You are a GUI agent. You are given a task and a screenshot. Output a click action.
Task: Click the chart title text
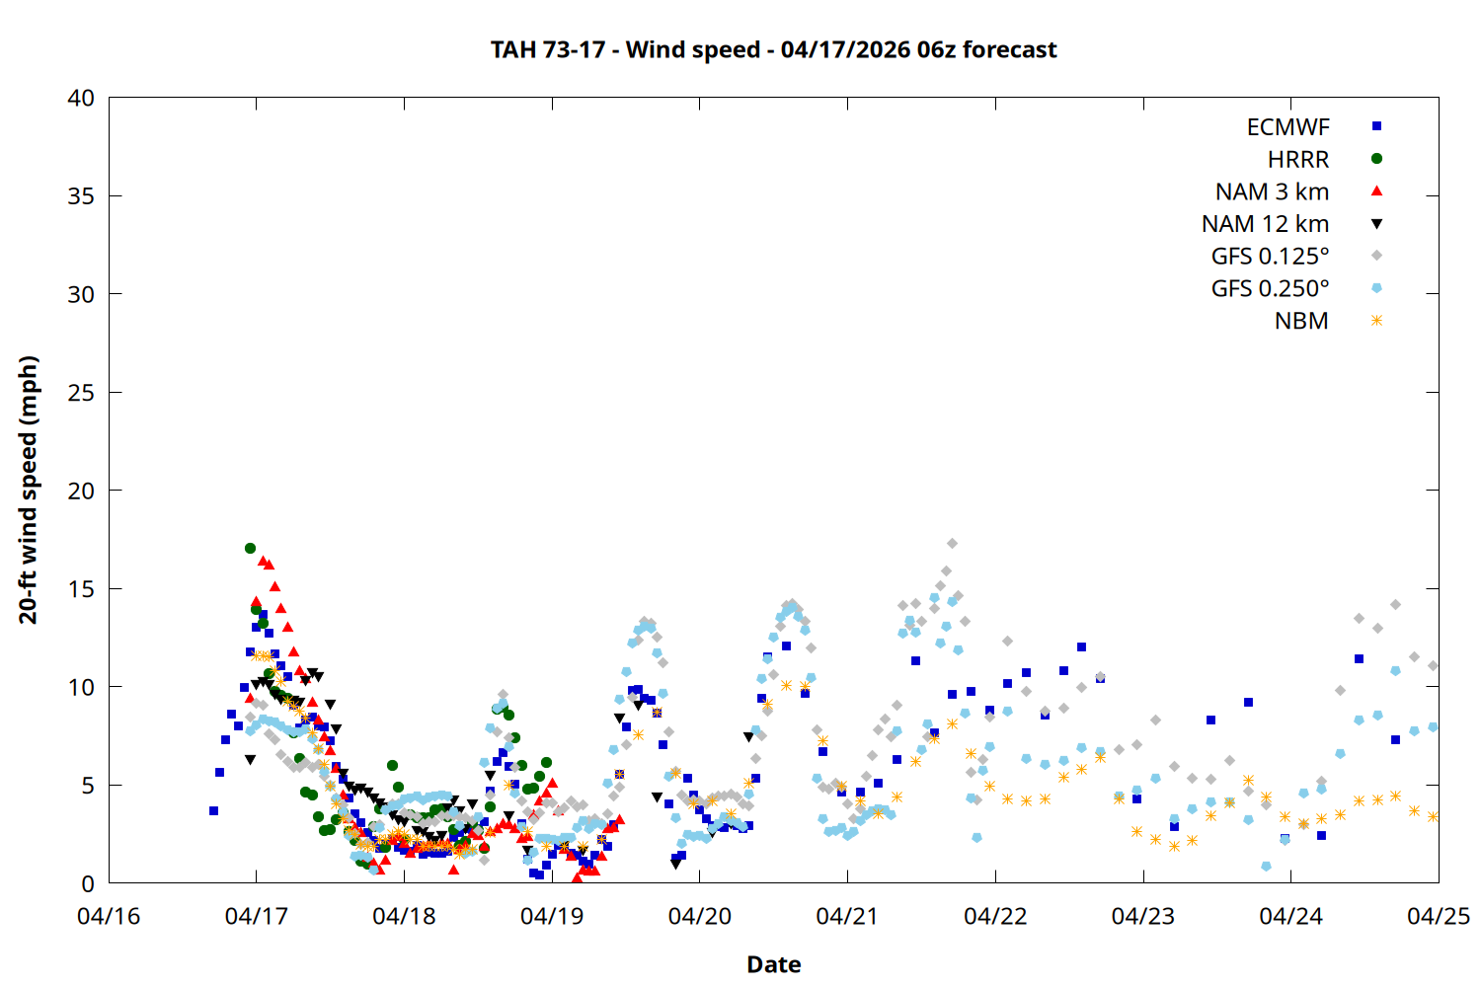coord(773,49)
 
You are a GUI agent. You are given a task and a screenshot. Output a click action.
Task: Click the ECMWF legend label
coord(1287,127)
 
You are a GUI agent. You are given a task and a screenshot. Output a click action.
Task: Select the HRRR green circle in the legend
coord(1376,159)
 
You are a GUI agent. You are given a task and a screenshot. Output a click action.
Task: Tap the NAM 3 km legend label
coord(1272,191)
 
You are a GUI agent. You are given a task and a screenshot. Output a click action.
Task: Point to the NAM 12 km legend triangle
coord(1376,224)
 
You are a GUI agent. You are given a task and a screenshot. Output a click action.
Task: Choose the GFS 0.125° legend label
coord(1270,257)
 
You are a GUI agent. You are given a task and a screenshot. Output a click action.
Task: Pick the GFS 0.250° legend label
coord(1270,289)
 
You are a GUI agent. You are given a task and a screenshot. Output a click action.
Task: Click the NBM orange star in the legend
coord(1376,321)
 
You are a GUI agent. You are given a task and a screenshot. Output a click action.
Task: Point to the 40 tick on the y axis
coord(81,98)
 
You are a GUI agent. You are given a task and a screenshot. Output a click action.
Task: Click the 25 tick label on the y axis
coord(81,393)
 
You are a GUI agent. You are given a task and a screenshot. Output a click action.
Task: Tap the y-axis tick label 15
coord(81,589)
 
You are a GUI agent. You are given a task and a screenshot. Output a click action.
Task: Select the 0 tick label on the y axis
coord(88,883)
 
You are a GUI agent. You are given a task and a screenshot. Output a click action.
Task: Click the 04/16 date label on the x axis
coord(109,916)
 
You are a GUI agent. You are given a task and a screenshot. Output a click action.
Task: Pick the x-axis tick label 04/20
coord(700,916)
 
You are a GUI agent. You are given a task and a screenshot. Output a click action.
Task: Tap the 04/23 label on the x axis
coord(1143,916)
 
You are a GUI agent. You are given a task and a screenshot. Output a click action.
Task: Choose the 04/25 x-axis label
coord(1438,916)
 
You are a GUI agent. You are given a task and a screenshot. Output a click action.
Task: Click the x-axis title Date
coord(773,964)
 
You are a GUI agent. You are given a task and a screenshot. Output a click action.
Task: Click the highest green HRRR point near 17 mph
coord(250,549)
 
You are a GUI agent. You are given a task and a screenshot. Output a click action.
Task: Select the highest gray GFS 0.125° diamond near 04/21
coord(952,544)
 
